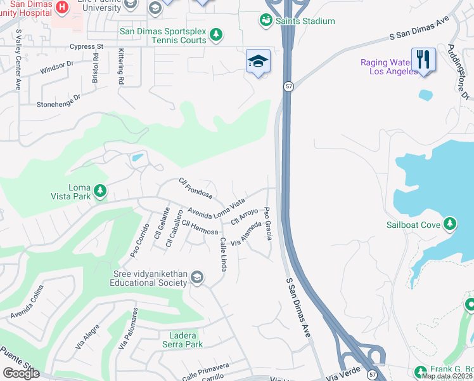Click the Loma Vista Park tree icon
99,190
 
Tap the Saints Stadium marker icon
266,21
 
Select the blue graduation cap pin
258,61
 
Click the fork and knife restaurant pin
423,60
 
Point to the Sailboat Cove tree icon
449,224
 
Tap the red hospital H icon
62,8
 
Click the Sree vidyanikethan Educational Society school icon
198,277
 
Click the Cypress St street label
86,46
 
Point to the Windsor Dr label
57,67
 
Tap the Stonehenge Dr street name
59,100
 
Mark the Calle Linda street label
223,255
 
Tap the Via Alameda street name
246,234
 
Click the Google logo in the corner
22,373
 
